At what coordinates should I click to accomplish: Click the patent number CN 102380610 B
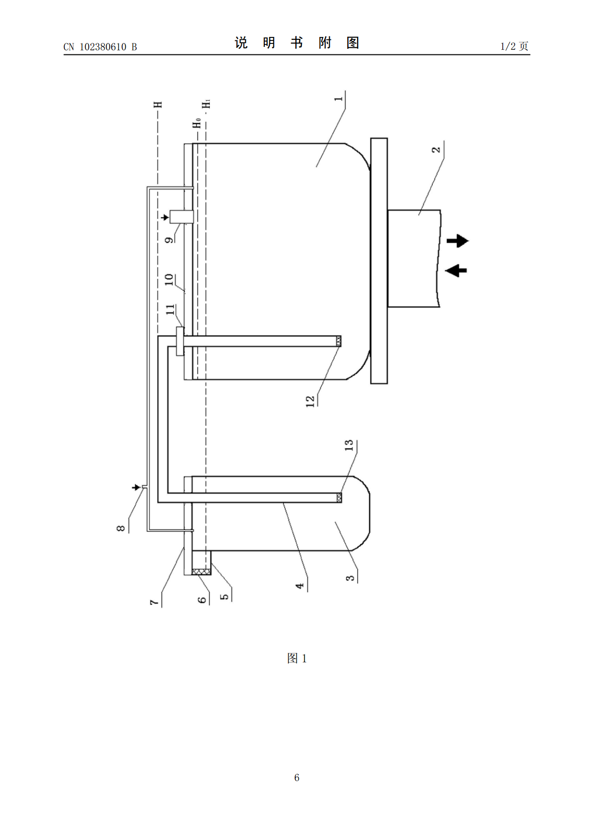click(x=100, y=46)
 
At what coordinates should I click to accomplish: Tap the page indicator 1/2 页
click(x=515, y=46)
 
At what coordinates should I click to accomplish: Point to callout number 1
click(x=339, y=99)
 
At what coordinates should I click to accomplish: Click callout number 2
click(x=436, y=149)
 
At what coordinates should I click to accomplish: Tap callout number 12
click(x=310, y=401)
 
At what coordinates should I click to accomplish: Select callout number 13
click(x=349, y=445)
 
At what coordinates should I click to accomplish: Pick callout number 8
click(x=121, y=528)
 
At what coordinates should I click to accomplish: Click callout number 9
click(x=170, y=239)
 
